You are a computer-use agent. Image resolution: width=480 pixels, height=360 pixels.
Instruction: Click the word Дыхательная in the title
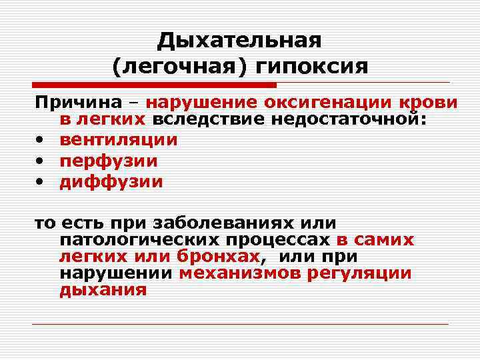[239, 41]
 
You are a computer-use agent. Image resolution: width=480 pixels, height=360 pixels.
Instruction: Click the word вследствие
[210, 121]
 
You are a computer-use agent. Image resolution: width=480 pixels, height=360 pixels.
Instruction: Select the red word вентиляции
[119, 140]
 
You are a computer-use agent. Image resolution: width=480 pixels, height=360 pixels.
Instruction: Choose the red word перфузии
[109, 161]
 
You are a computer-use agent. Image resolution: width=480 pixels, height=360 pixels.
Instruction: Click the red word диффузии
[111, 181]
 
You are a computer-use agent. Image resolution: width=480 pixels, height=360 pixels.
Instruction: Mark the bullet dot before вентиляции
[41, 141]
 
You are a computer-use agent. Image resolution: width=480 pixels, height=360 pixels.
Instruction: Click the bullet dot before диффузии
[41, 183]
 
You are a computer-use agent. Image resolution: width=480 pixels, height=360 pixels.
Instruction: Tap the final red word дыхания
[103, 290]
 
